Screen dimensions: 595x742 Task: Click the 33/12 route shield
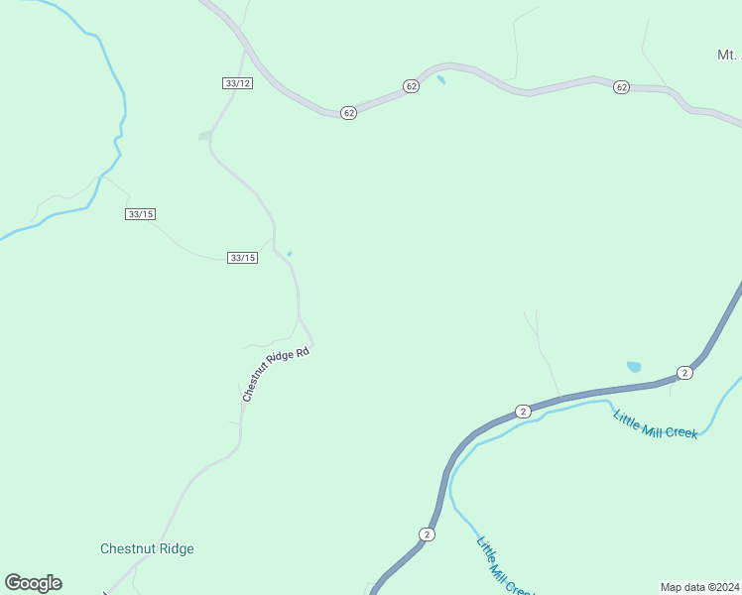[238, 83]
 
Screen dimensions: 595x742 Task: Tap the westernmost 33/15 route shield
[141, 214]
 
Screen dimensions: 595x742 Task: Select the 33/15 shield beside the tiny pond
[242, 258]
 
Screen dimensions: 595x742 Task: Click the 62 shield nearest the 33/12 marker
[348, 113]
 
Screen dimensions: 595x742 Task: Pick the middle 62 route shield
[412, 87]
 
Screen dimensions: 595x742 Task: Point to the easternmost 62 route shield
[621, 87]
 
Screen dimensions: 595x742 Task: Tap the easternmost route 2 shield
[684, 372]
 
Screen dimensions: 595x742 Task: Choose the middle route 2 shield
[523, 411]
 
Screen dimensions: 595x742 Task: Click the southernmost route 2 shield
[428, 535]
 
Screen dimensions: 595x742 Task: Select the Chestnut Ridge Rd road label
[277, 373]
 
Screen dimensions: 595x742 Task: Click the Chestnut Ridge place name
[147, 548]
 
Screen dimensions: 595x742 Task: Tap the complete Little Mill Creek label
[656, 424]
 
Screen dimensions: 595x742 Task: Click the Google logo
[33, 583]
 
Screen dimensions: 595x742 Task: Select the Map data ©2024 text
[699, 586]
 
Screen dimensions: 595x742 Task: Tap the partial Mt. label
[729, 55]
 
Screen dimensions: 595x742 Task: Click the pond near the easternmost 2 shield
[634, 367]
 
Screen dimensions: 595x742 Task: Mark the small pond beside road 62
[439, 77]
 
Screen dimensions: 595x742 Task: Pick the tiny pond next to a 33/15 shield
[290, 254]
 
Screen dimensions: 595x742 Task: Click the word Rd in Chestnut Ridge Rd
[304, 352]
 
